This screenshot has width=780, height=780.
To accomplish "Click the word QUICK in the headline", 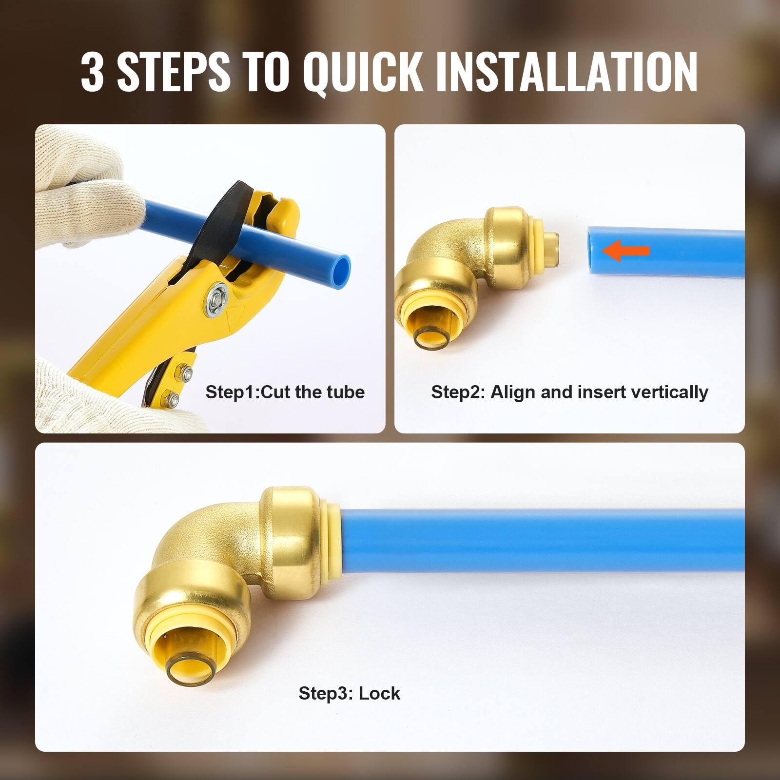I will click(x=362, y=72).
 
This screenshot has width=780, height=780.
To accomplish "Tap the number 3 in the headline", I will click(x=92, y=72).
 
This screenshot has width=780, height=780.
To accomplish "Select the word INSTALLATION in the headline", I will click(x=566, y=72).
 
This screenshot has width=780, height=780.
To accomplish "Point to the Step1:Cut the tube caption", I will click(x=285, y=392).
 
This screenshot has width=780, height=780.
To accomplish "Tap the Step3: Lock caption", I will click(x=349, y=693).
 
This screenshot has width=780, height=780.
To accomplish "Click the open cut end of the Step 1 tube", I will click(x=343, y=269).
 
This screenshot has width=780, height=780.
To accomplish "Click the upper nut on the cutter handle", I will click(x=186, y=373).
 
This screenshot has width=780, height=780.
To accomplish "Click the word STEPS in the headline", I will click(x=173, y=72).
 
